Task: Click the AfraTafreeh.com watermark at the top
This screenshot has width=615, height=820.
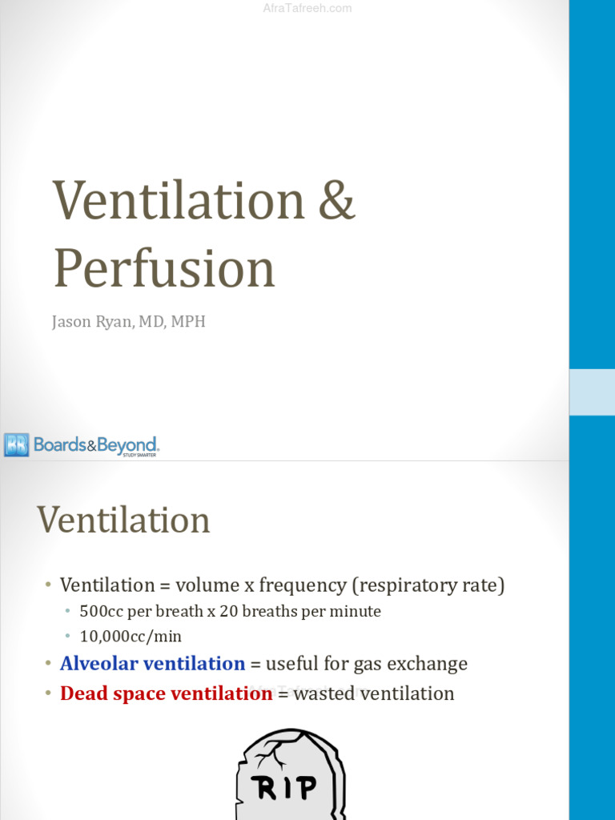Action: click(307, 9)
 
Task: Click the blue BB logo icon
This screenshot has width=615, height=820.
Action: click(16, 444)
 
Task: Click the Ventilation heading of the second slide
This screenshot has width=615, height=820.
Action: click(123, 520)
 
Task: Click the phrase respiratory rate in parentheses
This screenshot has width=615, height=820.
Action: click(428, 585)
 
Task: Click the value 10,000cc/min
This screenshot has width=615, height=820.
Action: click(131, 637)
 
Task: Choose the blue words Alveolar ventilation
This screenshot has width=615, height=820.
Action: click(152, 664)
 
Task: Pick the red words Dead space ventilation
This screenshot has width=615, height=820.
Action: click(166, 693)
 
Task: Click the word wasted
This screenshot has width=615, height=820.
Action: click(324, 693)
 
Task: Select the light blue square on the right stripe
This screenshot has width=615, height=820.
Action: click(592, 392)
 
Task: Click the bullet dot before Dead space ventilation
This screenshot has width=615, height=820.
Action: click(49, 693)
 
